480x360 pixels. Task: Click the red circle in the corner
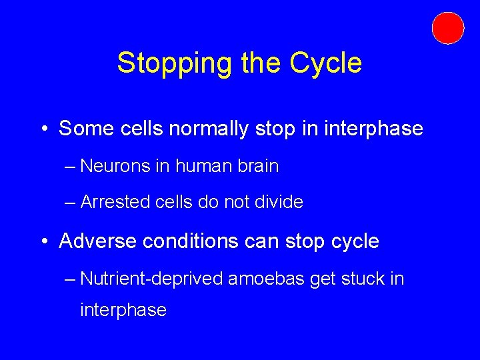click(x=447, y=28)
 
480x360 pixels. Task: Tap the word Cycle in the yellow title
click(x=326, y=63)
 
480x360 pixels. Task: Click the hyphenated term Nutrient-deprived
click(x=151, y=279)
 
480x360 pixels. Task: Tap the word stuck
click(x=364, y=279)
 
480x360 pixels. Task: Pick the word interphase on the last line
click(x=123, y=310)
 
